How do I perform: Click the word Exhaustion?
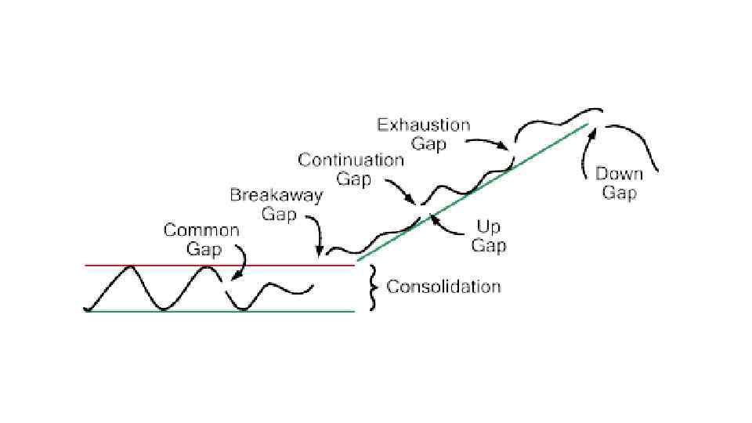tap(424, 125)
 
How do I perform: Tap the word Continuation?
tap(351, 161)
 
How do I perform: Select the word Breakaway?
tap(276, 195)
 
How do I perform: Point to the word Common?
tap(201, 230)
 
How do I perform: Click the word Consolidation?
tap(443, 286)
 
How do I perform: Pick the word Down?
tap(620, 174)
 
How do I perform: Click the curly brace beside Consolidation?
tap(373, 287)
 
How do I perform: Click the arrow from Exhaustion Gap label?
tap(489, 143)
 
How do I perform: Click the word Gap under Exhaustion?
tap(428, 143)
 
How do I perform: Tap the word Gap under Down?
tap(620, 193)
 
